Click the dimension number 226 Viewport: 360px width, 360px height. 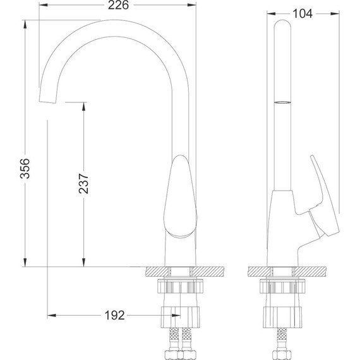119,5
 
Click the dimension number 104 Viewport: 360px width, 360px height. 303,14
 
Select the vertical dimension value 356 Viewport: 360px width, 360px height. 25,168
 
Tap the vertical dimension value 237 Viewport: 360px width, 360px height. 83,183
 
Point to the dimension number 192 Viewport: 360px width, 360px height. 114,315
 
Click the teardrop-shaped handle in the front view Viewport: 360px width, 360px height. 181,196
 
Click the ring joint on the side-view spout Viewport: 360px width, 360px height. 282,102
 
